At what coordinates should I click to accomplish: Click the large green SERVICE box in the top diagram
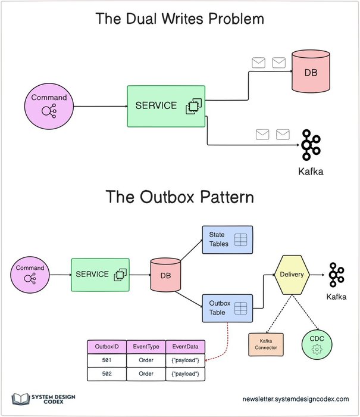point(165,106)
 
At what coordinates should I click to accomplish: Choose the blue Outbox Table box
point(227,308)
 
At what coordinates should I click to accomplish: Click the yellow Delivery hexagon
point(292,275)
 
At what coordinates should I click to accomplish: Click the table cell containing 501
point(105,360)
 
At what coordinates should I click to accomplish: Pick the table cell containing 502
point(105,374)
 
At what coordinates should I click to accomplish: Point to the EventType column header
point(145,346)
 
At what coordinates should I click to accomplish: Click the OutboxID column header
point(105,346)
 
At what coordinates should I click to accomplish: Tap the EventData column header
point(185,346)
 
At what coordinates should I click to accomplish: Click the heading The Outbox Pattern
point(180,197)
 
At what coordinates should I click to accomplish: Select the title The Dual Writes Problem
point(180,18)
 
